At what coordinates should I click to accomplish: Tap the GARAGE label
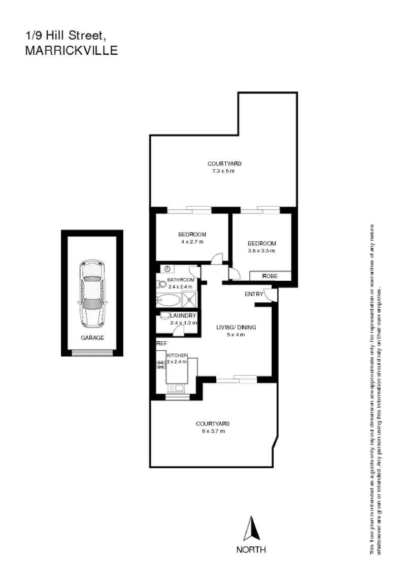(x=92, y=338)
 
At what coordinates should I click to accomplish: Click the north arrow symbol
(x=251, y=529)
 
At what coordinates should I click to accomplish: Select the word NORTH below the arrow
(x=251, y=549)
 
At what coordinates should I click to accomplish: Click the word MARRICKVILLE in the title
(x=71, y=50)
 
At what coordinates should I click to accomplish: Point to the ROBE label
(x=269, y=276)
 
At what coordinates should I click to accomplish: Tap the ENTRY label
(x=253, y=295)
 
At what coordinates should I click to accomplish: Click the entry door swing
(x=273, y=296)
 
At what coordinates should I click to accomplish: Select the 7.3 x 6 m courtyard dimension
(x=224, y=171)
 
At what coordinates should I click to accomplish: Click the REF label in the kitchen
(x=162, y=344)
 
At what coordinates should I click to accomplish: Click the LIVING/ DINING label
(x=236, y=328)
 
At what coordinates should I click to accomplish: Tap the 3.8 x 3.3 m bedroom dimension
(x=261, y=250)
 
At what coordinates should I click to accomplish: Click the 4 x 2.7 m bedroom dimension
(x=191, y=242)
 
